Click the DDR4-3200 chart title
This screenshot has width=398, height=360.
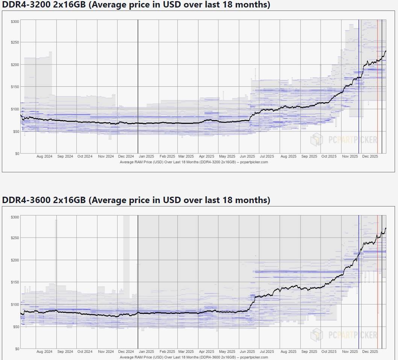click(x=136, y=5)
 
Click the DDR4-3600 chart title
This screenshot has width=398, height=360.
click(x=136, y=200)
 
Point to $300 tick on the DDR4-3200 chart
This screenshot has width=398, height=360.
click(x=15, y=22)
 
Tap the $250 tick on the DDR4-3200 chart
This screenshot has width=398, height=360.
click(x=15, y=42)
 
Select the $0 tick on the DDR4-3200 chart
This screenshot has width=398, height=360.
click(x=17, y=154)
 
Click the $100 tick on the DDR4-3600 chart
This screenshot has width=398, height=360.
click(x=15, y=304)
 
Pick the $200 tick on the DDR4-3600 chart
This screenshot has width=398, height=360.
click(x=15, y=260)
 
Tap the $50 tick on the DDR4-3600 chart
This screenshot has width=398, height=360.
click(x=16, y=327)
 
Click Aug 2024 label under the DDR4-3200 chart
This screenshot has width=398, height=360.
click(x=44, y=157)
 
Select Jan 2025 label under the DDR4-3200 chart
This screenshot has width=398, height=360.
click(x=146, y=157)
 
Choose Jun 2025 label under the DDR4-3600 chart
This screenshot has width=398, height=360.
click(x=247, y=352)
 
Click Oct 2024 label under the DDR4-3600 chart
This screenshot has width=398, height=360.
click(x=85, y=352)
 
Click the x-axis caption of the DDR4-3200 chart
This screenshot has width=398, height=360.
click(x=194, y=162)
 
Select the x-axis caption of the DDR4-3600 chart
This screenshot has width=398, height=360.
click(x=194, y=357)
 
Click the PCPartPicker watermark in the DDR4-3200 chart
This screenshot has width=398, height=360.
click(x=344, y=140)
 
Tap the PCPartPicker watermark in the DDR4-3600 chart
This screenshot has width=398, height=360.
click(x=344, y=334)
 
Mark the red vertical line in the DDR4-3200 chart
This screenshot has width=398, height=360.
click(x=377, y=86)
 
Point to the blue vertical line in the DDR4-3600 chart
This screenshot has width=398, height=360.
click(x=359, y=282)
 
